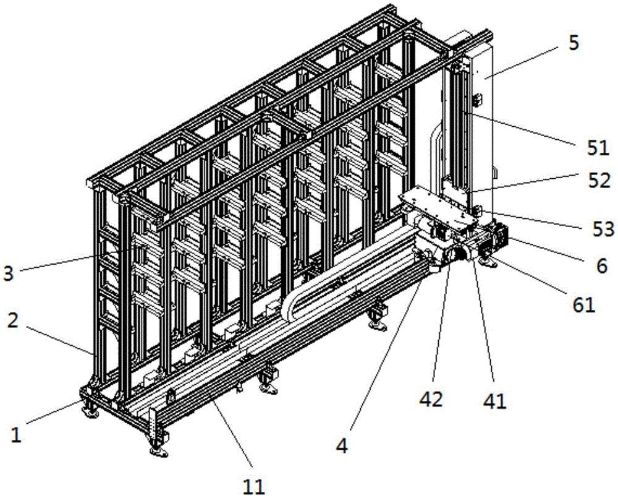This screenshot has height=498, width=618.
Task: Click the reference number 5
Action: [x=574, y=43]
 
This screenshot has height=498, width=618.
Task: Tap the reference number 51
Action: [x=598, y=148]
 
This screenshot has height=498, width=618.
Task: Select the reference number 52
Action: [x=599, y=181]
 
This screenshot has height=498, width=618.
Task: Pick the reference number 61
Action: [x=584, y=304]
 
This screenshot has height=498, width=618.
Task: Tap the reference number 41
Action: [x=494, y=401]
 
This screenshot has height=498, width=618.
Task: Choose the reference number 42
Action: [x=431, y=400]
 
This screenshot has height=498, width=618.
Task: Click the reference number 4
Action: [x=342, y=446]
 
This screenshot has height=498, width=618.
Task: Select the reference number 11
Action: [x=253, y=487]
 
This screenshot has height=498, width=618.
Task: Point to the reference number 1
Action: [x=15, y=435]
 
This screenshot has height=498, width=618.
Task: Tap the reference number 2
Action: [x=13, y=320]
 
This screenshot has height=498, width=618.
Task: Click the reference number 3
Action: [x=8, y=273]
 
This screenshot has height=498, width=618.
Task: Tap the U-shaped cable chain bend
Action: [x=292, y=307]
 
